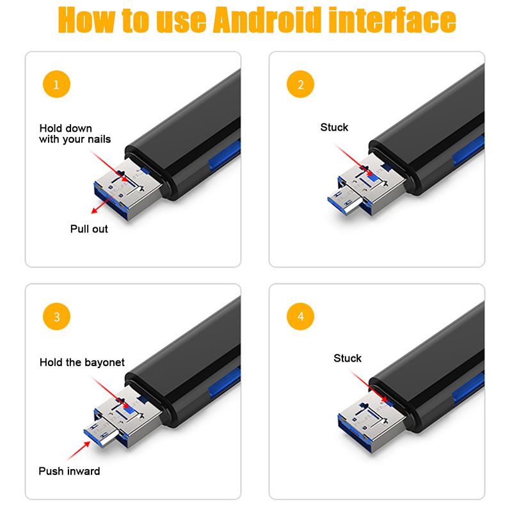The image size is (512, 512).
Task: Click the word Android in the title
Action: click(267, 20)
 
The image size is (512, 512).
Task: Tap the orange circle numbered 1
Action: click(56, 84)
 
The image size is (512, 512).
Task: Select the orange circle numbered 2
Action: click(300, 84)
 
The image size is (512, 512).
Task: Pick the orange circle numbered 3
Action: click(56, 316)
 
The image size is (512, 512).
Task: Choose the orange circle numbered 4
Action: click(300, 316)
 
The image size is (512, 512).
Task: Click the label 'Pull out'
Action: click(89, 229)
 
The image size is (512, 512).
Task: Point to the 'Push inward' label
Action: click(69, 471)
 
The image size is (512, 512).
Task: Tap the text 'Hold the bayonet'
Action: click(82, 362)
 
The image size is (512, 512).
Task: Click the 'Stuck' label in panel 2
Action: click(334, 127)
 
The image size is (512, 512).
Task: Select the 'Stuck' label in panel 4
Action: click(348, 358)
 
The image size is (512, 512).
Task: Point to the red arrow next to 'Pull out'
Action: click(104, 203)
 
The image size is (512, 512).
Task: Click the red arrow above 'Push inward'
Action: click(79, 451)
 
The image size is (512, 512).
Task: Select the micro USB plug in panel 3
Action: click(101, 433)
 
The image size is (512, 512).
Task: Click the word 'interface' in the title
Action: click(392, 20)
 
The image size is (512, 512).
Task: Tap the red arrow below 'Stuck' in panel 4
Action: click(369, 386)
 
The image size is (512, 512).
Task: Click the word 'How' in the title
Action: click(86, 20)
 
